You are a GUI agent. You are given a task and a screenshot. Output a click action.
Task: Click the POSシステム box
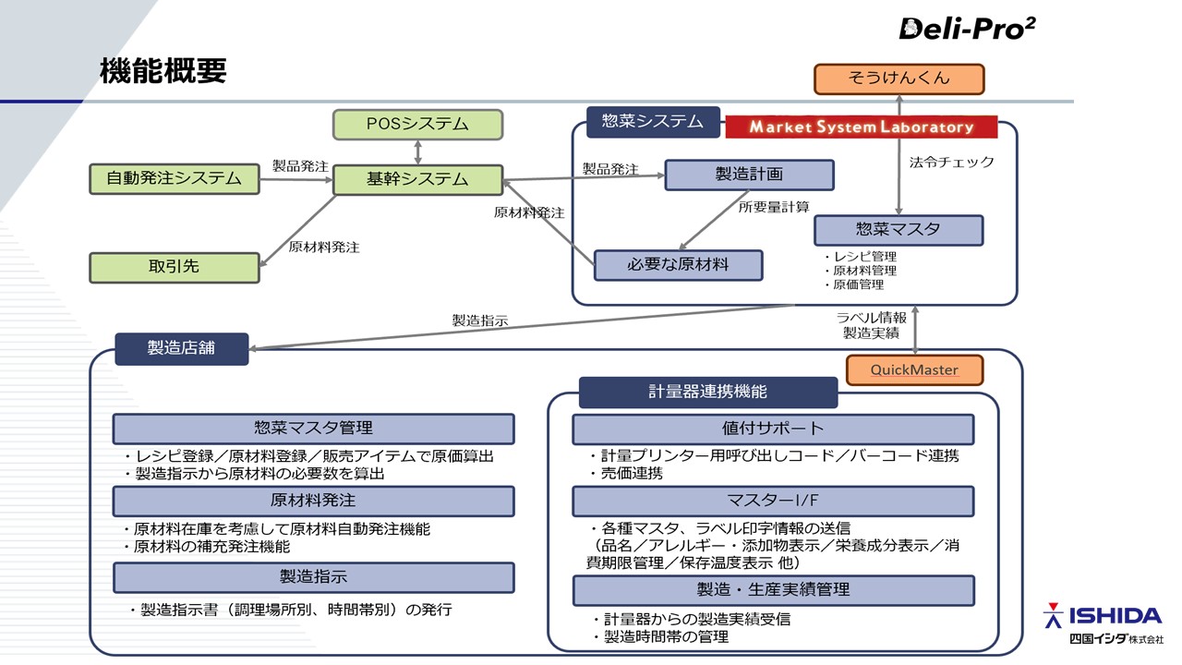417,124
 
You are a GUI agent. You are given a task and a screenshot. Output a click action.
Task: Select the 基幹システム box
417,179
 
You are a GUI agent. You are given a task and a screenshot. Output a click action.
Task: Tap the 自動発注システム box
175,178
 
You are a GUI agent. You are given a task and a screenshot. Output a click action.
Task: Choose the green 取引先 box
175,267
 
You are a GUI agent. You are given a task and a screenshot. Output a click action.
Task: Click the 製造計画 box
749,175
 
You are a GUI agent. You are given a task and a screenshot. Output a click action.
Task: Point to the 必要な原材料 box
678,265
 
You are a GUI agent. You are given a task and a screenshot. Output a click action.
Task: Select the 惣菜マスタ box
898,230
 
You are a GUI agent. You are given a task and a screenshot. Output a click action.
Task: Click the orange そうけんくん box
899,79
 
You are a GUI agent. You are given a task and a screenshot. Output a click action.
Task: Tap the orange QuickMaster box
914,370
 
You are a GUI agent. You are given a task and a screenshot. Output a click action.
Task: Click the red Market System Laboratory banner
862,127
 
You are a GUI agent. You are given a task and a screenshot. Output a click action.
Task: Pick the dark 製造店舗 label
181,348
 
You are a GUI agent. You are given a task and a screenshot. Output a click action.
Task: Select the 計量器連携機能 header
707,392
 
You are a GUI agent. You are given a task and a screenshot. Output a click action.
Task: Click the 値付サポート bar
772,429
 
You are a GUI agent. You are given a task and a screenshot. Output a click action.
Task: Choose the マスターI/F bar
772,501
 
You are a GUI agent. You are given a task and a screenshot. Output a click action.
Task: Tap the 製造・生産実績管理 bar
772,589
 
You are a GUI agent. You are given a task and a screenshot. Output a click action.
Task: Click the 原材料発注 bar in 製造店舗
313,501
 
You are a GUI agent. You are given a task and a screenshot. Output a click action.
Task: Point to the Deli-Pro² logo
967,29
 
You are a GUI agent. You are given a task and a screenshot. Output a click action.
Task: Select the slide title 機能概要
163,72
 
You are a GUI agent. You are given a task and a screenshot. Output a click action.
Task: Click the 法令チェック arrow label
951,163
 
